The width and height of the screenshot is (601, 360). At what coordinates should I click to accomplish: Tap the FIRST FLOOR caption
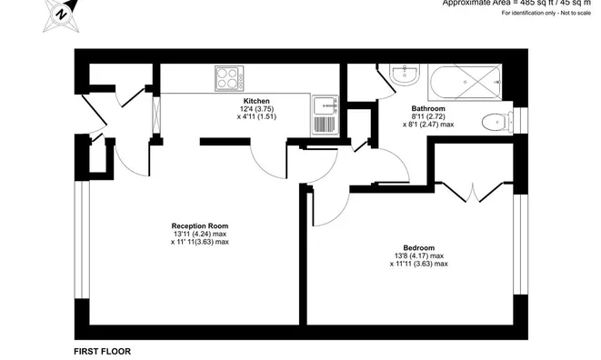coord(101,350)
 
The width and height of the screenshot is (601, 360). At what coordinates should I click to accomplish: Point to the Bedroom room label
coord(419,247)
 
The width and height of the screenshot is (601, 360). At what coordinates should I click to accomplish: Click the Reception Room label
coord(200,225)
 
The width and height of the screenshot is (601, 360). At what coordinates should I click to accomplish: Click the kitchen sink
coord(324,115)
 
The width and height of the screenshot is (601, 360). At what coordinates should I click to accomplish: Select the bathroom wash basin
coord(401,75)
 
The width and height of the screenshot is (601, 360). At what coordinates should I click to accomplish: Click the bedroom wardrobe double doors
coord(474,193)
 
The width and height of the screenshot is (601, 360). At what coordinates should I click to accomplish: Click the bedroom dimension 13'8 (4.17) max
coord(419,255)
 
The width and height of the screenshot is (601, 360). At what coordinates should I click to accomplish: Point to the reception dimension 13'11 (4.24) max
coord(200,234)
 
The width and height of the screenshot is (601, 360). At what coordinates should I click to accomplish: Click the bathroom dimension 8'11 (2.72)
coord(427,116)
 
